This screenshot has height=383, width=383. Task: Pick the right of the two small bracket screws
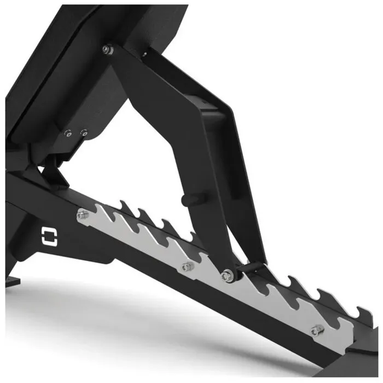pos(83,132)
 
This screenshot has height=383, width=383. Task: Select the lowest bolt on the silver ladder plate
pos(316,330)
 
